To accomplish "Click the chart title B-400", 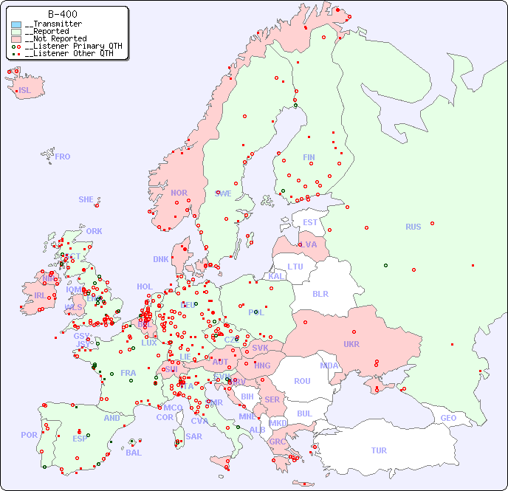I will coord(62,14).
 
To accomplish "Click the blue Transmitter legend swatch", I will coord(16,24).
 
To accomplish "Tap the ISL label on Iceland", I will coord(25,91).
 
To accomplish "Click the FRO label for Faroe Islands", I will coord(63,157).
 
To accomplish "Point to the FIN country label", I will coord(309,157).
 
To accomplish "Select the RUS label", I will coord(413,227).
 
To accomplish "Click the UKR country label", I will coord(351,344).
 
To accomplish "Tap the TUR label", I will coord(379,450).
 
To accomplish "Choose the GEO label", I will coord(448,418).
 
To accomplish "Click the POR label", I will coord(29,435).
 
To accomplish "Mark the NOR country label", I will coord(179,193).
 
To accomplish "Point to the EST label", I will coord(310,222).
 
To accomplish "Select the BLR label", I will coord(320,293).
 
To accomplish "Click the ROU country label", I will coord(302,381).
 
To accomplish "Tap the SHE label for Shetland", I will coord(86,199).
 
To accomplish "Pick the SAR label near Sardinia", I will coord(194,436).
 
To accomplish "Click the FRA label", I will coord(128,373).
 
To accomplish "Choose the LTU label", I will coord(295,267).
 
